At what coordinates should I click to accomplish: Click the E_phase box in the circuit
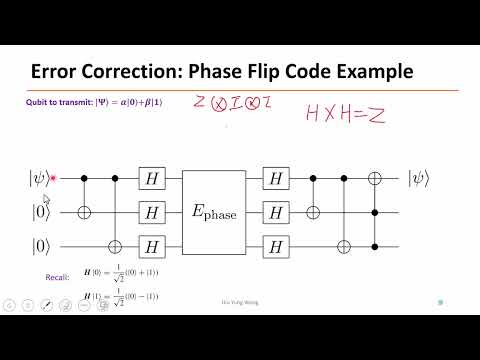tap(214, 213)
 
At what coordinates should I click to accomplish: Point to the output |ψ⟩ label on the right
tap(420, 180)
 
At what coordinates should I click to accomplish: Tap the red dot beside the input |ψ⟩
tap(52, 180)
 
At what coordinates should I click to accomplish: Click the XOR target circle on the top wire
tap(377, 180)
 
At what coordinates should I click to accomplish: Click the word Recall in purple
tap(59, 277)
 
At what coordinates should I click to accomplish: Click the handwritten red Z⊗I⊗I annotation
tap(224, 104)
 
